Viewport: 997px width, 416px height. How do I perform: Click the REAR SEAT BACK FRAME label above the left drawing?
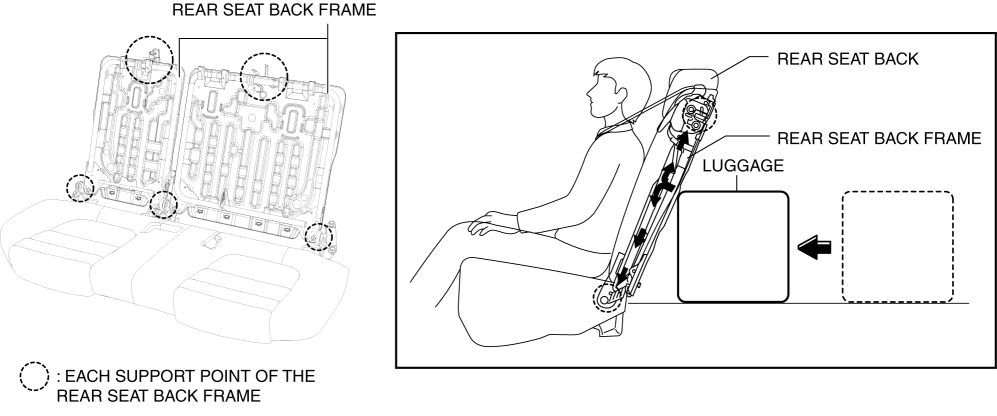(274, 10)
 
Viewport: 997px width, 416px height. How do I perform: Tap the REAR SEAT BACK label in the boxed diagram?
(848, 59)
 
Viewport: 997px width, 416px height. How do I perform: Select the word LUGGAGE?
(743, 166)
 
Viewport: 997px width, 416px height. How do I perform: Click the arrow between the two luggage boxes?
(815, 247)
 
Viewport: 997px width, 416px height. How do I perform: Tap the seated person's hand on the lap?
(490, 223)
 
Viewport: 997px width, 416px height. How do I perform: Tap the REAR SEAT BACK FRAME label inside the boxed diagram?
(879, 138)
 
